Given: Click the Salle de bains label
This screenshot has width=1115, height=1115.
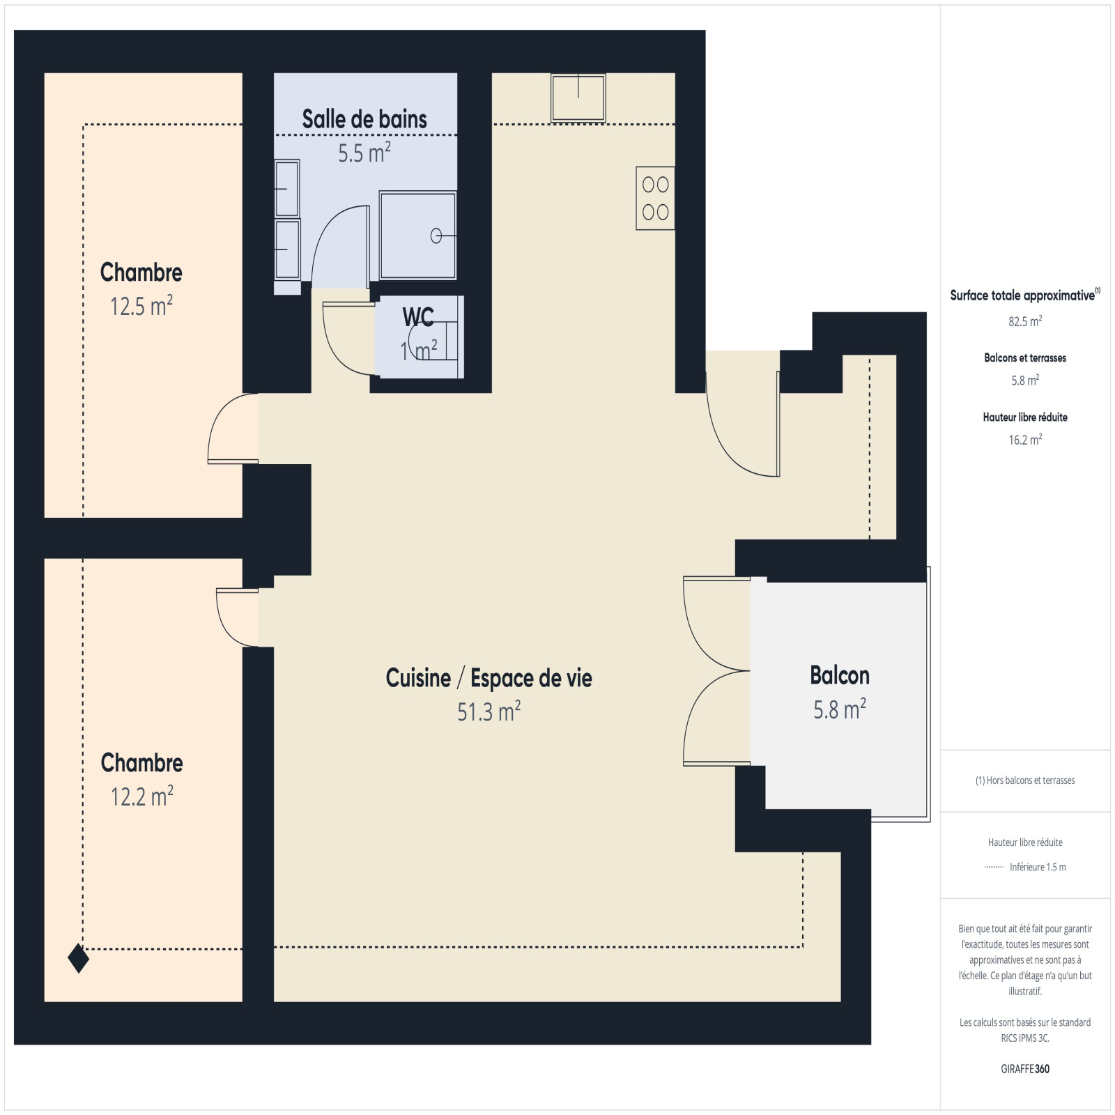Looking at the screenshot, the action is point(364,119).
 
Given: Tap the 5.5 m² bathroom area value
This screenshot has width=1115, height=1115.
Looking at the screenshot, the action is point(364,153).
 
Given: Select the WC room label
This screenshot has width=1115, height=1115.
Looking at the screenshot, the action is point(418,318).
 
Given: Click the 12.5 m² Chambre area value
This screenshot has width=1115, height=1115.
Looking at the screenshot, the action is point(141,306).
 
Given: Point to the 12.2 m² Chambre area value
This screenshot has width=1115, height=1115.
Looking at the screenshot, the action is point(142,796).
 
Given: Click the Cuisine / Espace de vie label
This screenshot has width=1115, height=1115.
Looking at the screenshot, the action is point(489,678).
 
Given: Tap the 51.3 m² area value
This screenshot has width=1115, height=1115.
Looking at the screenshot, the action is point(489,712).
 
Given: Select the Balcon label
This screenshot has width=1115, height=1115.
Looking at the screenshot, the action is point(840,675).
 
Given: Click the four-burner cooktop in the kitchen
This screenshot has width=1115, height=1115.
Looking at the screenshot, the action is point(655,198).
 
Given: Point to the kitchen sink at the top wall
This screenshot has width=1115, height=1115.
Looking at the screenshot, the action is point(578,98).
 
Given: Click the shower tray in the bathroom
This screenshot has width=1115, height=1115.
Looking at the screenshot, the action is point(417,236).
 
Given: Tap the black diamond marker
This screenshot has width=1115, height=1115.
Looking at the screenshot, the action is point(79,958).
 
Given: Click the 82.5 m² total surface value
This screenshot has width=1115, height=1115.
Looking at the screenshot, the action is point(1025,321).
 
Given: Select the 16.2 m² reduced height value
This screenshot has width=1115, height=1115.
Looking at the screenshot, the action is point(1025,440).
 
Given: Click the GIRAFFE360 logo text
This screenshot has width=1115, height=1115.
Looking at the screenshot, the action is point(1025,1069).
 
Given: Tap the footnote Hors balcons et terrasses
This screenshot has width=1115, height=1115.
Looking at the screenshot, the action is point(1025,780).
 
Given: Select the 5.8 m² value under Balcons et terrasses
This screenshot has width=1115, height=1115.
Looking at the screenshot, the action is point(1025,380).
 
